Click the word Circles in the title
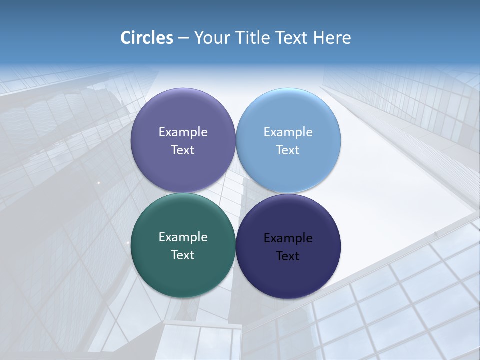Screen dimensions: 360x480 [x=147, y=38]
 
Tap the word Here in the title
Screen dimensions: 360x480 [x=332, y=38]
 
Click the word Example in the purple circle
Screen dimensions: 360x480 [x=183, y=132]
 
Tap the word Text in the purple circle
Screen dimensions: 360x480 [x=183, y=150]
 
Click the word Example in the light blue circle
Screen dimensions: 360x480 [x=288, y=132]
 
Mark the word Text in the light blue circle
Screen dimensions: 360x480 [x=288, y=150]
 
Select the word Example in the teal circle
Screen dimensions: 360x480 [x=183, y=237]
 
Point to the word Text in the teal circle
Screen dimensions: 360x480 [x=183, y=255]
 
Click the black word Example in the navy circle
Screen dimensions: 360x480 [x=288, y=238]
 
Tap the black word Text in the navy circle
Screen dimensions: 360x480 [x=288, y=256]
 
